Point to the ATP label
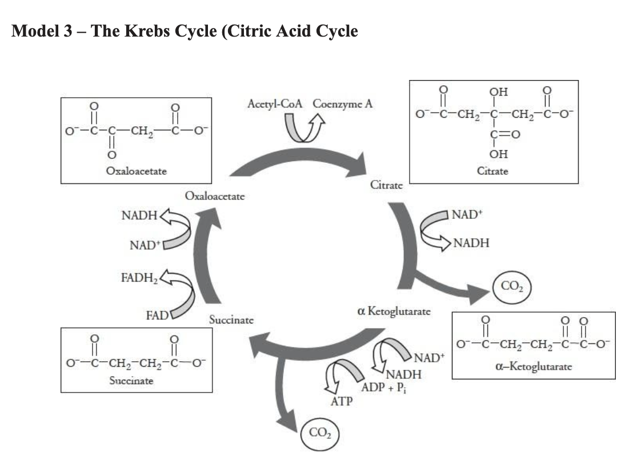[341, 402]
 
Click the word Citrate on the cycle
[387, 185]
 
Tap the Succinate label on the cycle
[231, 320]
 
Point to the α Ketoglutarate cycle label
[394, 311]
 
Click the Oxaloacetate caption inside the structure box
[137, 171]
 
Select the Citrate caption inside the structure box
[492, 171]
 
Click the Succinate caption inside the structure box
[131, 380]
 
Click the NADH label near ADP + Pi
[404, 375]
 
